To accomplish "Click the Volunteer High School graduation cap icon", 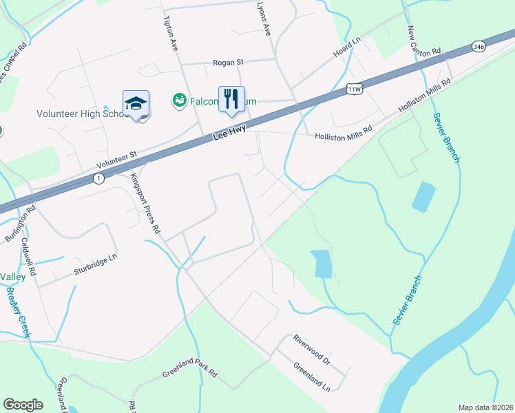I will (136, 104).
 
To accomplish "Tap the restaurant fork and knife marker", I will (231, 98).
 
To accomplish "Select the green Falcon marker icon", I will (179, 100).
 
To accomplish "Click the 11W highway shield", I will (355, 89).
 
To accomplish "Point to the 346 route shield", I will (479, 46).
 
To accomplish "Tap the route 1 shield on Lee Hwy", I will (99, 179).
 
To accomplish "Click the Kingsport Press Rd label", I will (145, 203).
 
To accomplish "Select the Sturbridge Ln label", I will (96, 266).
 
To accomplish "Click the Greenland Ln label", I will (311, 377).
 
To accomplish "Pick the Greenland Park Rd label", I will (190, 374).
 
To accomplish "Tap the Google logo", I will (23, 405).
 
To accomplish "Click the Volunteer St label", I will (117, 160).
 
